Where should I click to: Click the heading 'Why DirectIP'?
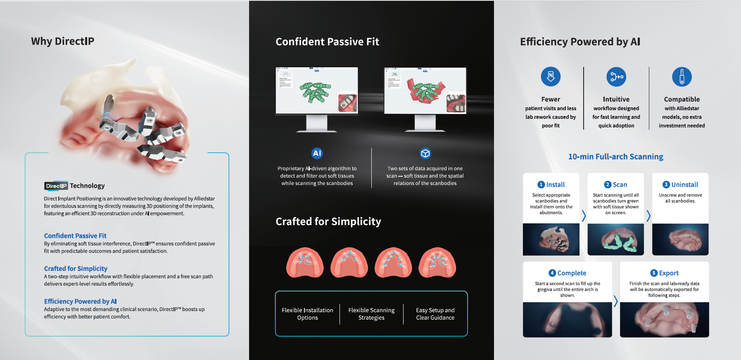(x=62, y=41)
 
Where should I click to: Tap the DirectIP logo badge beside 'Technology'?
(x=56, y=186)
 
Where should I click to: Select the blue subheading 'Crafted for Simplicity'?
(x=76, y=268)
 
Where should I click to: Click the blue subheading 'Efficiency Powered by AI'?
(x=80, y=301)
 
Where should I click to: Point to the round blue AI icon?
(x=317, y=153)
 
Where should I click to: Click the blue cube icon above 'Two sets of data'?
(x=425, y=154)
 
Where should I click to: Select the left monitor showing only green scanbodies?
(x=317, y=99)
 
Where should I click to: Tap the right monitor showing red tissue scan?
(x=425, y=99)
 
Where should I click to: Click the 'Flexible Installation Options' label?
(x=307, y=314)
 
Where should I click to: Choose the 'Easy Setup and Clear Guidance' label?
(x=435, y=314)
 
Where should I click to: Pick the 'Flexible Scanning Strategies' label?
(x=371, y=314)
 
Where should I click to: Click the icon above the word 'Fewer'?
(x=551, y=76)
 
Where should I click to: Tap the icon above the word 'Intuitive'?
(x=616, y=76)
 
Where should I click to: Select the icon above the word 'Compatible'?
(x=682, y=76)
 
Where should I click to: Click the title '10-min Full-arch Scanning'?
(x=615, y=157)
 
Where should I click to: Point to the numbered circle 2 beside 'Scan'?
(x=608, y=185)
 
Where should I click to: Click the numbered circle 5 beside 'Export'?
(x=654, y=273)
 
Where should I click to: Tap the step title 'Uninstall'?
(x=684, y=185)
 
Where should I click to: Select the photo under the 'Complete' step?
(x=567, y=320)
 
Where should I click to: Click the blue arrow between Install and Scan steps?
(x=584, y=216)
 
